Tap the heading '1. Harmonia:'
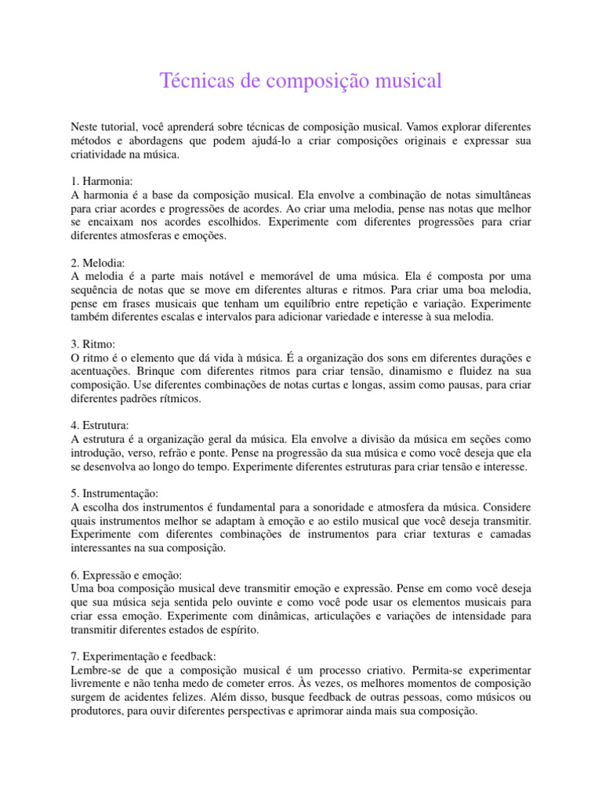click(x=102, y=181)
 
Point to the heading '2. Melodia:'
click(x=99, y=263)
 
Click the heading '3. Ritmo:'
click(x=93, y=344)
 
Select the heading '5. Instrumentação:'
click(x=114, y=494)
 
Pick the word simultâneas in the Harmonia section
click(x=500, y=195)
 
